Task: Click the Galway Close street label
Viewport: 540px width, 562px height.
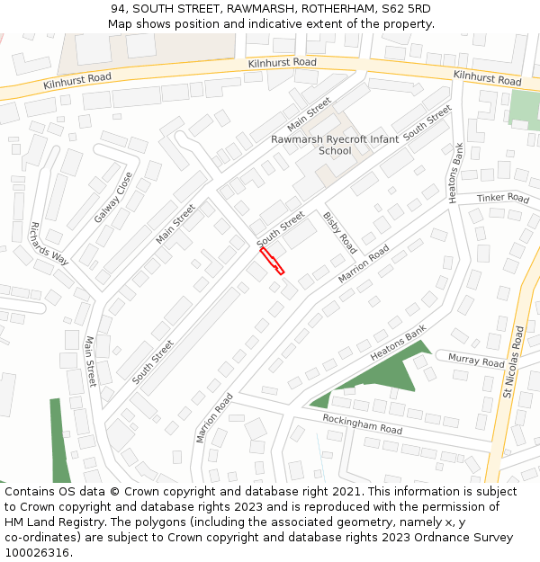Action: coord(113,198)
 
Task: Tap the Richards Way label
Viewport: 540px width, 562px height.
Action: coord(49,243)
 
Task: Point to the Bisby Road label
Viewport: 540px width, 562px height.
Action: coord(340,233)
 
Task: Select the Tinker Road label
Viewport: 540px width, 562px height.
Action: coord(503,198)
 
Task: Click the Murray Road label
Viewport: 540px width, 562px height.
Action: coord(476,361)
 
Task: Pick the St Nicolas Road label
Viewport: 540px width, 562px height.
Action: coord(513,361)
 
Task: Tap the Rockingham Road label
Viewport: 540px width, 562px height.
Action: coord(362,424)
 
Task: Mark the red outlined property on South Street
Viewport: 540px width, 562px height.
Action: coord(272,261)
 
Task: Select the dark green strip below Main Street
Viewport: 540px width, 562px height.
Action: coord(59,441)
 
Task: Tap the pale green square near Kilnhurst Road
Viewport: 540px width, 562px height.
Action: coord(523,109)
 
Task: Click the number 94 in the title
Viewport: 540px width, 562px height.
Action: coord(119,8)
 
